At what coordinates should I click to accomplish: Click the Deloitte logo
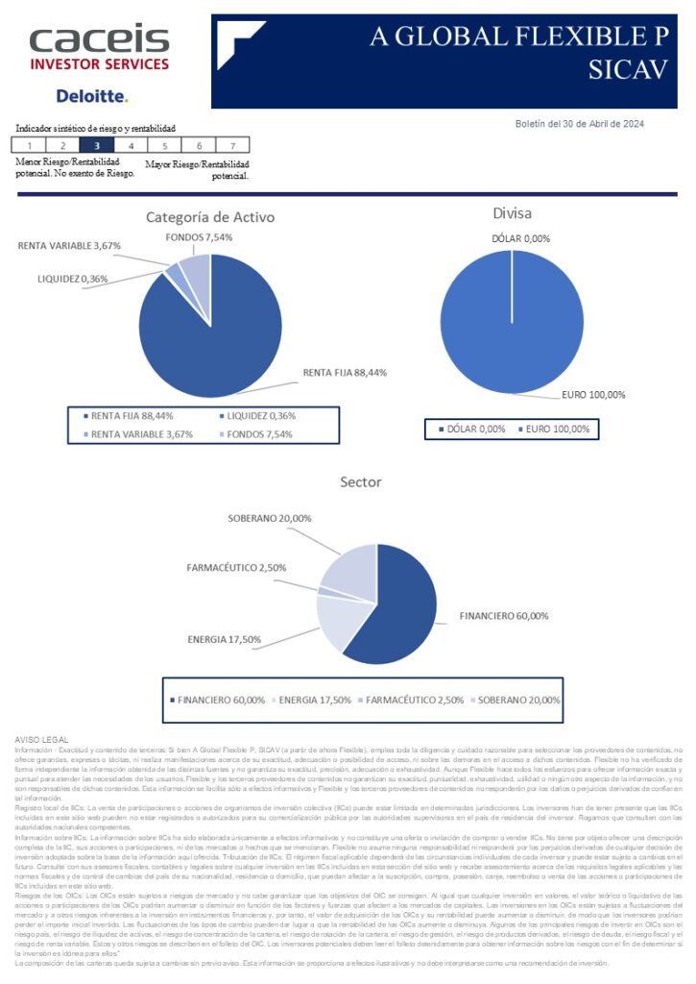(x=91, y=96)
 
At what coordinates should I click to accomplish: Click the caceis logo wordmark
(x=99, y=40)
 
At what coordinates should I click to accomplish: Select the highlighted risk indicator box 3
(x=96, y=146)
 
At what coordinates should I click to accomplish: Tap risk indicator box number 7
(x=232, y=146)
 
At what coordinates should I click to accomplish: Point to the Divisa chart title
(x=512, y=213)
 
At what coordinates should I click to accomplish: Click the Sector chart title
(x=361, y=481)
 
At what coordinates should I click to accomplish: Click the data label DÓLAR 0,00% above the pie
(x=521, y=238)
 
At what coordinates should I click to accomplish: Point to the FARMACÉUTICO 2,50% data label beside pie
(x=236, y=568)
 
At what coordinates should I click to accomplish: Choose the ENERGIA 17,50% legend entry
(x=312, y=700)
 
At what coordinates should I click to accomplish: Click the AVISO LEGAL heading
(x=42, y=738)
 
